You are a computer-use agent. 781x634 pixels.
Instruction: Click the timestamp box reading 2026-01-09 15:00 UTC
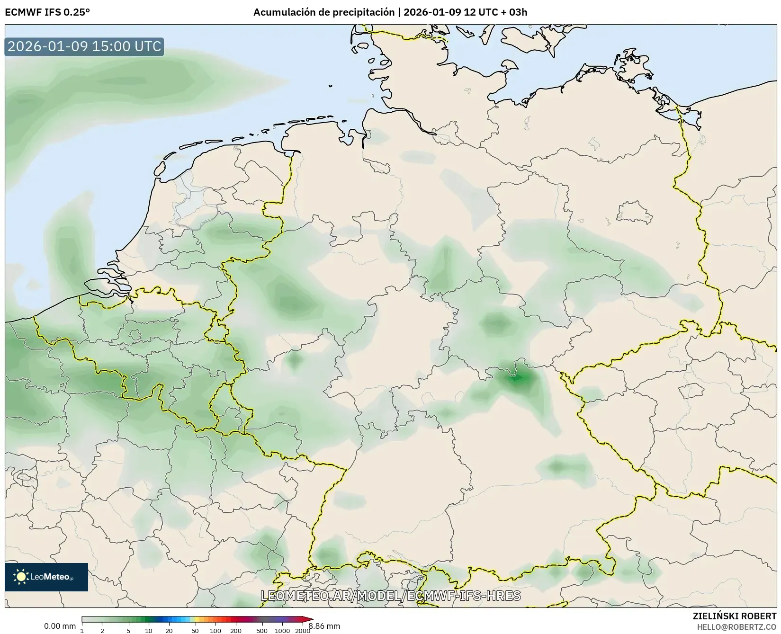(x=84, y=46)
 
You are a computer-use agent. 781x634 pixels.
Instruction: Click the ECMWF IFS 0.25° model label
(x=47, y=12)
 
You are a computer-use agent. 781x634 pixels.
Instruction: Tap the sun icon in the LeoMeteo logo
(x=21, y=576)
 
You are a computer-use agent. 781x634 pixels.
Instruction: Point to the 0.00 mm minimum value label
(x=60, y=626)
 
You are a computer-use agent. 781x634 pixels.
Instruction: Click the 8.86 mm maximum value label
(x=324, y=626)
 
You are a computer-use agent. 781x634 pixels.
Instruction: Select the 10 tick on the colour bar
(x=149, y=630)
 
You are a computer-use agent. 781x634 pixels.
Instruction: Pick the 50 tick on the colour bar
(x=195, y=630)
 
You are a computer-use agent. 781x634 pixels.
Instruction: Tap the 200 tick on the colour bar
(x=236, y=630)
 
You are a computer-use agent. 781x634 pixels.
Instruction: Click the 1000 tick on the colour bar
(x=282, y=630)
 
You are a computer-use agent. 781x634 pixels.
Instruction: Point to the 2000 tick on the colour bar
(x=303, y=630)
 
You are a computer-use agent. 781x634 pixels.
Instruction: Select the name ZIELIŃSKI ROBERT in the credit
(x=735, y=616)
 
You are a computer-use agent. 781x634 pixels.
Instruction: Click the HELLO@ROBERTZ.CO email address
(x=737, y=626)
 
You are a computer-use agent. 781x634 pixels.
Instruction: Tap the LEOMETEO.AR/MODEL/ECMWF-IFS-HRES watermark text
(x=391, y=596)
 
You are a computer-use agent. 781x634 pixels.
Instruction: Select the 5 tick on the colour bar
(x=128, y=630)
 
